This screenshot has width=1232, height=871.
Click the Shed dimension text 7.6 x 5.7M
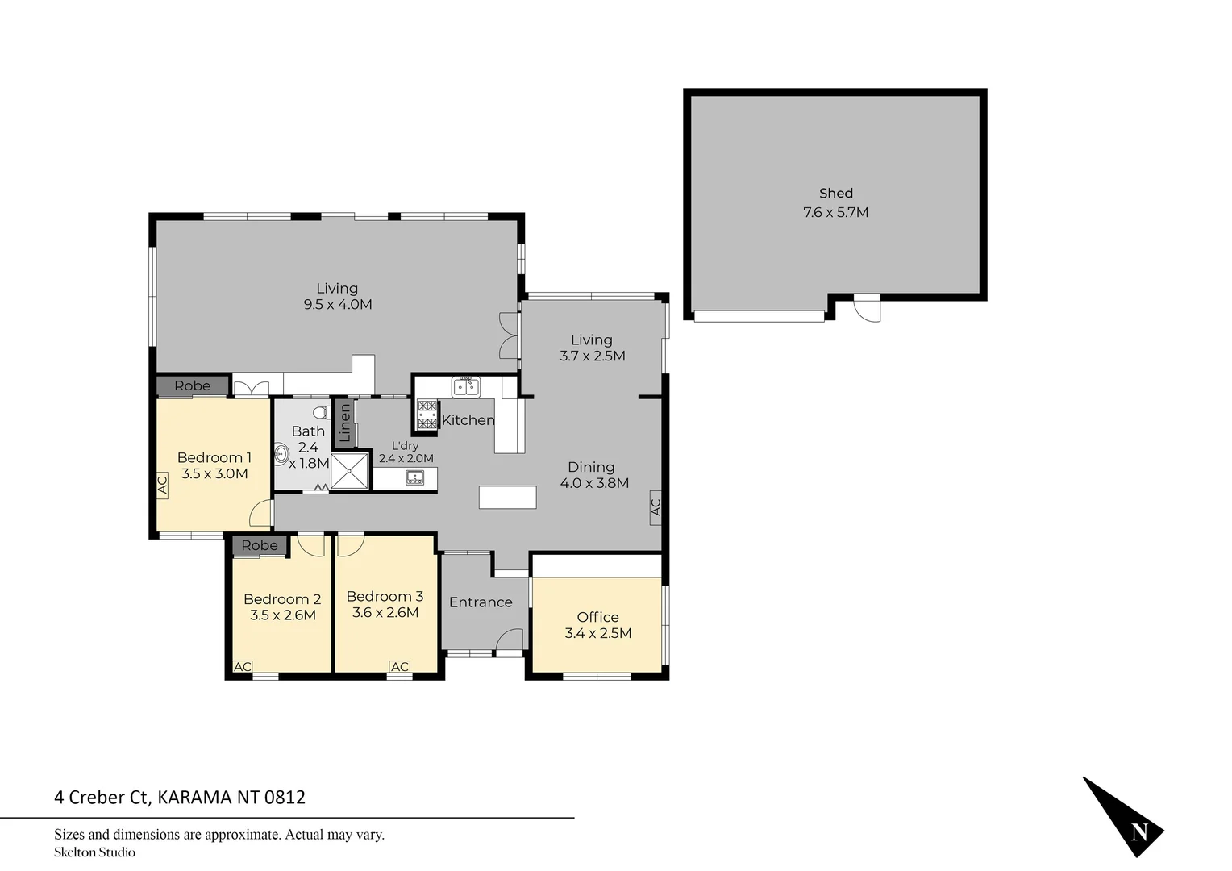click(835, 213)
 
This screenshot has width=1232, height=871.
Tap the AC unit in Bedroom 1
click(162, 485)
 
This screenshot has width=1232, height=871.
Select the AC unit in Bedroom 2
click(242, 666)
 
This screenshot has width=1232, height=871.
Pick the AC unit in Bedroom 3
click(399, 666)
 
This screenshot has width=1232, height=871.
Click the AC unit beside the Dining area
click(655, 507)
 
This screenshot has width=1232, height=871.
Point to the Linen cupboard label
click(345, 423)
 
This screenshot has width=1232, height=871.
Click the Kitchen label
click(468, 420)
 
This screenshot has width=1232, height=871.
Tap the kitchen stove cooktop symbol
click(427, 415)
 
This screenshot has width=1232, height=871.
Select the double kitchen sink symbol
click(465, 387)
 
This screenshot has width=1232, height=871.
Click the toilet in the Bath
click(321, 413)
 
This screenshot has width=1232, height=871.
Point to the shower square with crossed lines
click(350, 471)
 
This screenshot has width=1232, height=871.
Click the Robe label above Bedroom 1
click(192, 385)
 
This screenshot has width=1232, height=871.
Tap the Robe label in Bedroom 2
click(259, 545)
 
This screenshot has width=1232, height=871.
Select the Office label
click(597, 617)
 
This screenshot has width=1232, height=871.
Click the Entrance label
click(481, 602)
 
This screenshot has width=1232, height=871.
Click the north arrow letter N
click(1138, 831)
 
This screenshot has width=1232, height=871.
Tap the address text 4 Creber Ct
click(102, 798)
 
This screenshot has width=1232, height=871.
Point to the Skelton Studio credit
click(94, 852)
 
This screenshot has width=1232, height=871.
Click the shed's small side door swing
click(867, 308)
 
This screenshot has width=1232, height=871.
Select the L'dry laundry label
click(405, 446)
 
